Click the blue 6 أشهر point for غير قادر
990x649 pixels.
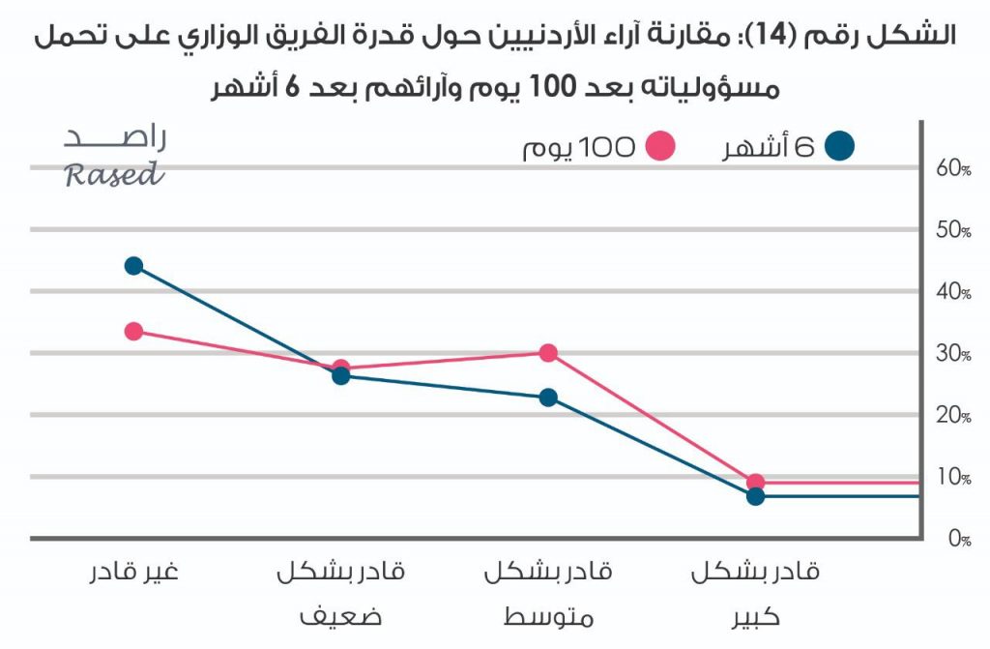tap(133, 266)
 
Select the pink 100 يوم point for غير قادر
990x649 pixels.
tap(133, 332)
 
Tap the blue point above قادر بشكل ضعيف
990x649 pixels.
tap(340, 376)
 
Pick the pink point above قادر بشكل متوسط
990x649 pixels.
tap(548, 353)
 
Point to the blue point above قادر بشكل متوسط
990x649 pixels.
tap(548, 398)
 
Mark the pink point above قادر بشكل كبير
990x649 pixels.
tap(756, 482)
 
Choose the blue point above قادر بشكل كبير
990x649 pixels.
tap(756, 496)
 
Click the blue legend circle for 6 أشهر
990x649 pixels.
tap(841, 147)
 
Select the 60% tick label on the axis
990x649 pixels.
tap(953, 168)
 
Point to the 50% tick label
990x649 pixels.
tap(953, 230)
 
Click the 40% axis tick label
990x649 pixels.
tap(953, 292)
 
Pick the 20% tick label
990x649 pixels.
tap(953, 416)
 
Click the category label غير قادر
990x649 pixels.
tap(133, 572)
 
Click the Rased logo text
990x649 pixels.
tap(114, 175)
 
